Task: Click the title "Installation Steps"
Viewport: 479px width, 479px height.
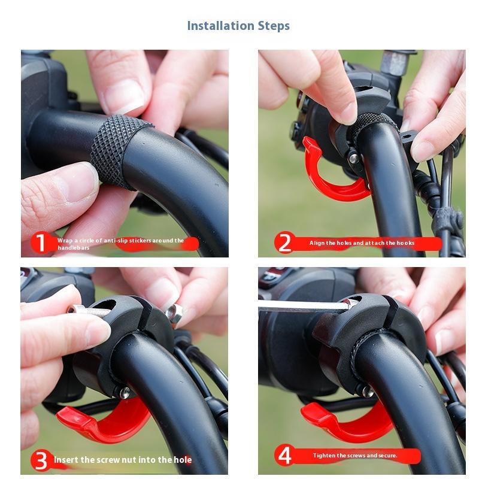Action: coord(238,26)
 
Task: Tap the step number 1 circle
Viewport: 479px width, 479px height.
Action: coord(40,242)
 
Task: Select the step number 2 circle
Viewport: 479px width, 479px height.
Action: coord(284,243)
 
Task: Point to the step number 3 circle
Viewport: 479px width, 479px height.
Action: coord(41,460)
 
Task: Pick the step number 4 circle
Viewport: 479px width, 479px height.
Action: coord(285,456)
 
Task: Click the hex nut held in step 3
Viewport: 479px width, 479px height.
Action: coord(174,313)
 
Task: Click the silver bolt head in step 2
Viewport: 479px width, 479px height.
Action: coord(354,158)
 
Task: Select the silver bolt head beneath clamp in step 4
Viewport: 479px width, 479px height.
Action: coord(368,392)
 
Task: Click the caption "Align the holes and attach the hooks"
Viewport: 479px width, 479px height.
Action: coord(362,243)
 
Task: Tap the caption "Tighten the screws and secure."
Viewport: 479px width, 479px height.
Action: coord(355,456)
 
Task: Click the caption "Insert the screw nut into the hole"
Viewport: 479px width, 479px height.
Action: coord(123,460)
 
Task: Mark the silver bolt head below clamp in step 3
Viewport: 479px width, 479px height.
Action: coord(125,393)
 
